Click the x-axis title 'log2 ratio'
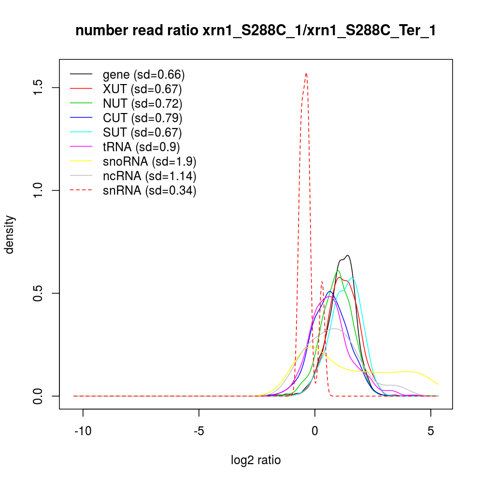pyautogui.click(x=256, y=460)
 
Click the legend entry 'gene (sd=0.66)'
pyautogui.click(x=144, y=75)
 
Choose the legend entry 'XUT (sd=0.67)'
pyautogui.click(x=142, y=89)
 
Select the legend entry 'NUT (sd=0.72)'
pyautogui.click(x=142, y=104)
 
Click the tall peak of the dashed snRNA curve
pyautogui.click(x=306, y=73)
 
